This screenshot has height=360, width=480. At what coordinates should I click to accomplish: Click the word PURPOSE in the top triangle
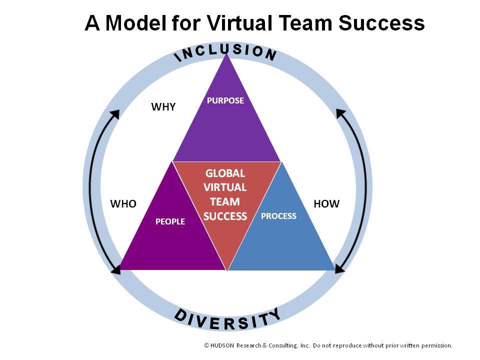coord(225,100)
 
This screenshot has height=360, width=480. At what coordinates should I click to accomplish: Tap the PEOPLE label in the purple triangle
coord(170,221)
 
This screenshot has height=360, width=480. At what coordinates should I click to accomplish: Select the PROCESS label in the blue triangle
coord(278,216)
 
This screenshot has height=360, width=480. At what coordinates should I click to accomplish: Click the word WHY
coord(163,107)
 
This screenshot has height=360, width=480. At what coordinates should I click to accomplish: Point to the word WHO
coord(123,204)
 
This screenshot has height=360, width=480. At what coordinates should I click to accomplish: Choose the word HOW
coord(326,204)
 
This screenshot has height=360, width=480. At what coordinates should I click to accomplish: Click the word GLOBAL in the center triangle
coord(225,173)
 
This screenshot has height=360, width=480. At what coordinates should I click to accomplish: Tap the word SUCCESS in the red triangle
coord(225,216)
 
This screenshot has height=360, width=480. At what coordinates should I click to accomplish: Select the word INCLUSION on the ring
coord(225,51)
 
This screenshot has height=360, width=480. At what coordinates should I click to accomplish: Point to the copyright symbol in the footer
coord(206,345)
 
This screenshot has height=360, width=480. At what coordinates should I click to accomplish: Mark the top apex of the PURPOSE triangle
coord(227,53)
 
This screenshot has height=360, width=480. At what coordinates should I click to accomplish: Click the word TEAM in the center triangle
coord(225,202)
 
